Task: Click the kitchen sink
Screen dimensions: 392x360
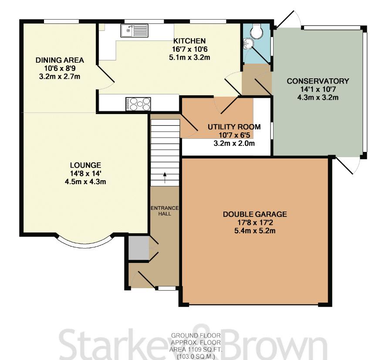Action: tap(135, 30)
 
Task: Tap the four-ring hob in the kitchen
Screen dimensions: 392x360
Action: tap(138, 104)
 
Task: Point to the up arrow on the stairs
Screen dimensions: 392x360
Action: tap(165, 178)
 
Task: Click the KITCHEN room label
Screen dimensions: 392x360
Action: tap(189, 41)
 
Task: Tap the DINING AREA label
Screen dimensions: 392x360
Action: tap(60, 60)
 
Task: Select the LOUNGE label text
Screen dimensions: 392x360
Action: tap(85, 165)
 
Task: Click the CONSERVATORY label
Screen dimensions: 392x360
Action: tap(318, 81)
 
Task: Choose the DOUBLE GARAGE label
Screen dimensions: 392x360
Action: tap(255, 214)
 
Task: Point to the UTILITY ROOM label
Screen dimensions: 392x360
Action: tap(234, 127)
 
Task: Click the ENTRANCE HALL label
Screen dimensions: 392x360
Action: tap(165, 211)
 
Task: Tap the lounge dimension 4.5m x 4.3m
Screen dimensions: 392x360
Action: tap(85, 182)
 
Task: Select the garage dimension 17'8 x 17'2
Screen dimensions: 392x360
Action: tap(255, 222)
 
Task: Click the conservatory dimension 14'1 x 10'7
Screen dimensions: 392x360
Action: tap(318, 89)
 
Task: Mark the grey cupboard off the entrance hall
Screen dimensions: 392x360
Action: tap(139, 248)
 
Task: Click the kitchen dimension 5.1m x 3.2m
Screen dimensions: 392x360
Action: tap(189, 57)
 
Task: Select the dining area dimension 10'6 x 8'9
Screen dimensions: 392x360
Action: tap(60, 68)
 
